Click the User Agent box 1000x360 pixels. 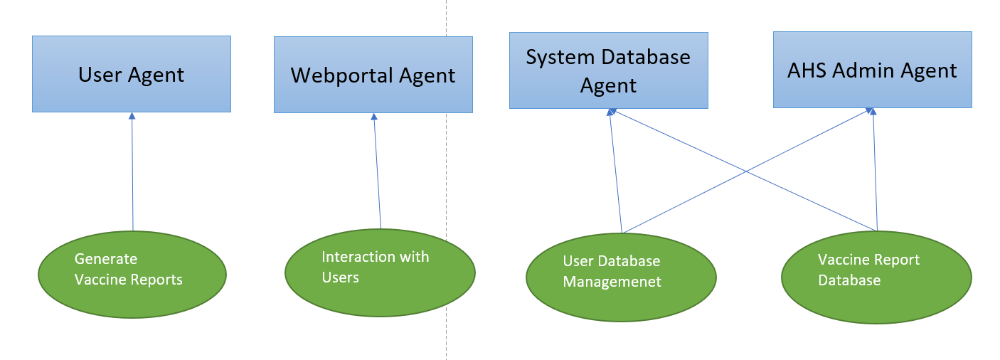[132, 74]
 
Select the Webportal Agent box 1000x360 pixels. [373, 75]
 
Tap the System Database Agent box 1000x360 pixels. [608, 70]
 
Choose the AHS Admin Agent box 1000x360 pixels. [872, 70]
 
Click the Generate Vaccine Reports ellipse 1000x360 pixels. [132, 274]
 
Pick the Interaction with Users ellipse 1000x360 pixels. [379, 272]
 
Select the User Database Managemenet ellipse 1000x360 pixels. [621, 277]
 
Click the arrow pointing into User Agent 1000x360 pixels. [132, 171]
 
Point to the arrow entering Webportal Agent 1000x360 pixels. [377, 171]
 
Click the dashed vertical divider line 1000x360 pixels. [447, 178]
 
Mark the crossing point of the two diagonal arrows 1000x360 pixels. [746, 171]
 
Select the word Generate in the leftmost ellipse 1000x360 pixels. [106, 259]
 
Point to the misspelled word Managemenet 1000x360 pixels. [612, 282]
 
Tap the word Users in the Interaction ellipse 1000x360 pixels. [340, 277]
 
